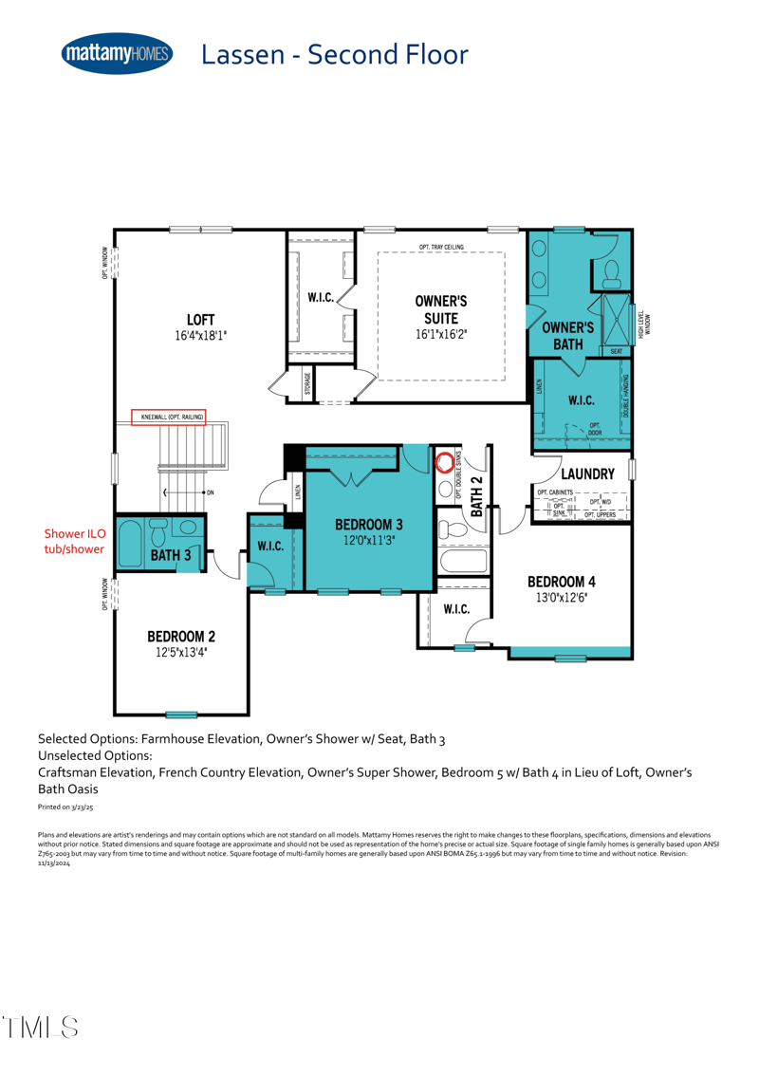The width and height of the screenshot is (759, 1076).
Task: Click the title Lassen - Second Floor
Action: (x=334, y=54)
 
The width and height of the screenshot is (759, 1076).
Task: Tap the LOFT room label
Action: (x=200, y=319)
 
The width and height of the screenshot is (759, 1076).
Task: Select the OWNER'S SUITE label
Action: (x=441, y=309)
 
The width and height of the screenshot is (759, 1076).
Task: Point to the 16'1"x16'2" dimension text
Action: (x=441, y=335)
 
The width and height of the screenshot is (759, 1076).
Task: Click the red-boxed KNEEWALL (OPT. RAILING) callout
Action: (x=168, y=417)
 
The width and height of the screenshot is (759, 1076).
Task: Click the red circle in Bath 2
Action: (x=444, y=463)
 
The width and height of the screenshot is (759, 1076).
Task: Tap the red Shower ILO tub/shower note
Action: (x=74, y=542)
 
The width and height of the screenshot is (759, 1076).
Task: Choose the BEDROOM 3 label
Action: (x=368, y=524)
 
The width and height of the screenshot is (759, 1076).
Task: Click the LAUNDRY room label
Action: (x=588, y=473)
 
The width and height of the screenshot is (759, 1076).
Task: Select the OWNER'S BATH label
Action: (x=567, y=335)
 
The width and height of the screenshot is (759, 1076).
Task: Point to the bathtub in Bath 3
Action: (x=130, y=544)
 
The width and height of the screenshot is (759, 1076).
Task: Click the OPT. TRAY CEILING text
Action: (x=441, y=248)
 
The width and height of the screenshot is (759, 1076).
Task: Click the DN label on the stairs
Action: (x=210, y=492)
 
